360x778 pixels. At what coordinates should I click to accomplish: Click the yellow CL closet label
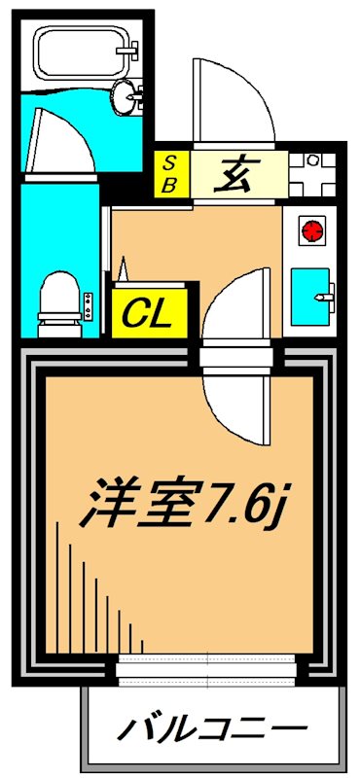147,312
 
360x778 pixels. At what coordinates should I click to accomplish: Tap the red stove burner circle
311,230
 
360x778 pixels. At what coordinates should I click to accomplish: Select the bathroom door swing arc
62,146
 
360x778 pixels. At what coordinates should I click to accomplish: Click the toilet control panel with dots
89,306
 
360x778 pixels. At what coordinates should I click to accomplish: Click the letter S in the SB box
169,161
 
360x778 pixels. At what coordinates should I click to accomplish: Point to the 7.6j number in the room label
248,501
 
